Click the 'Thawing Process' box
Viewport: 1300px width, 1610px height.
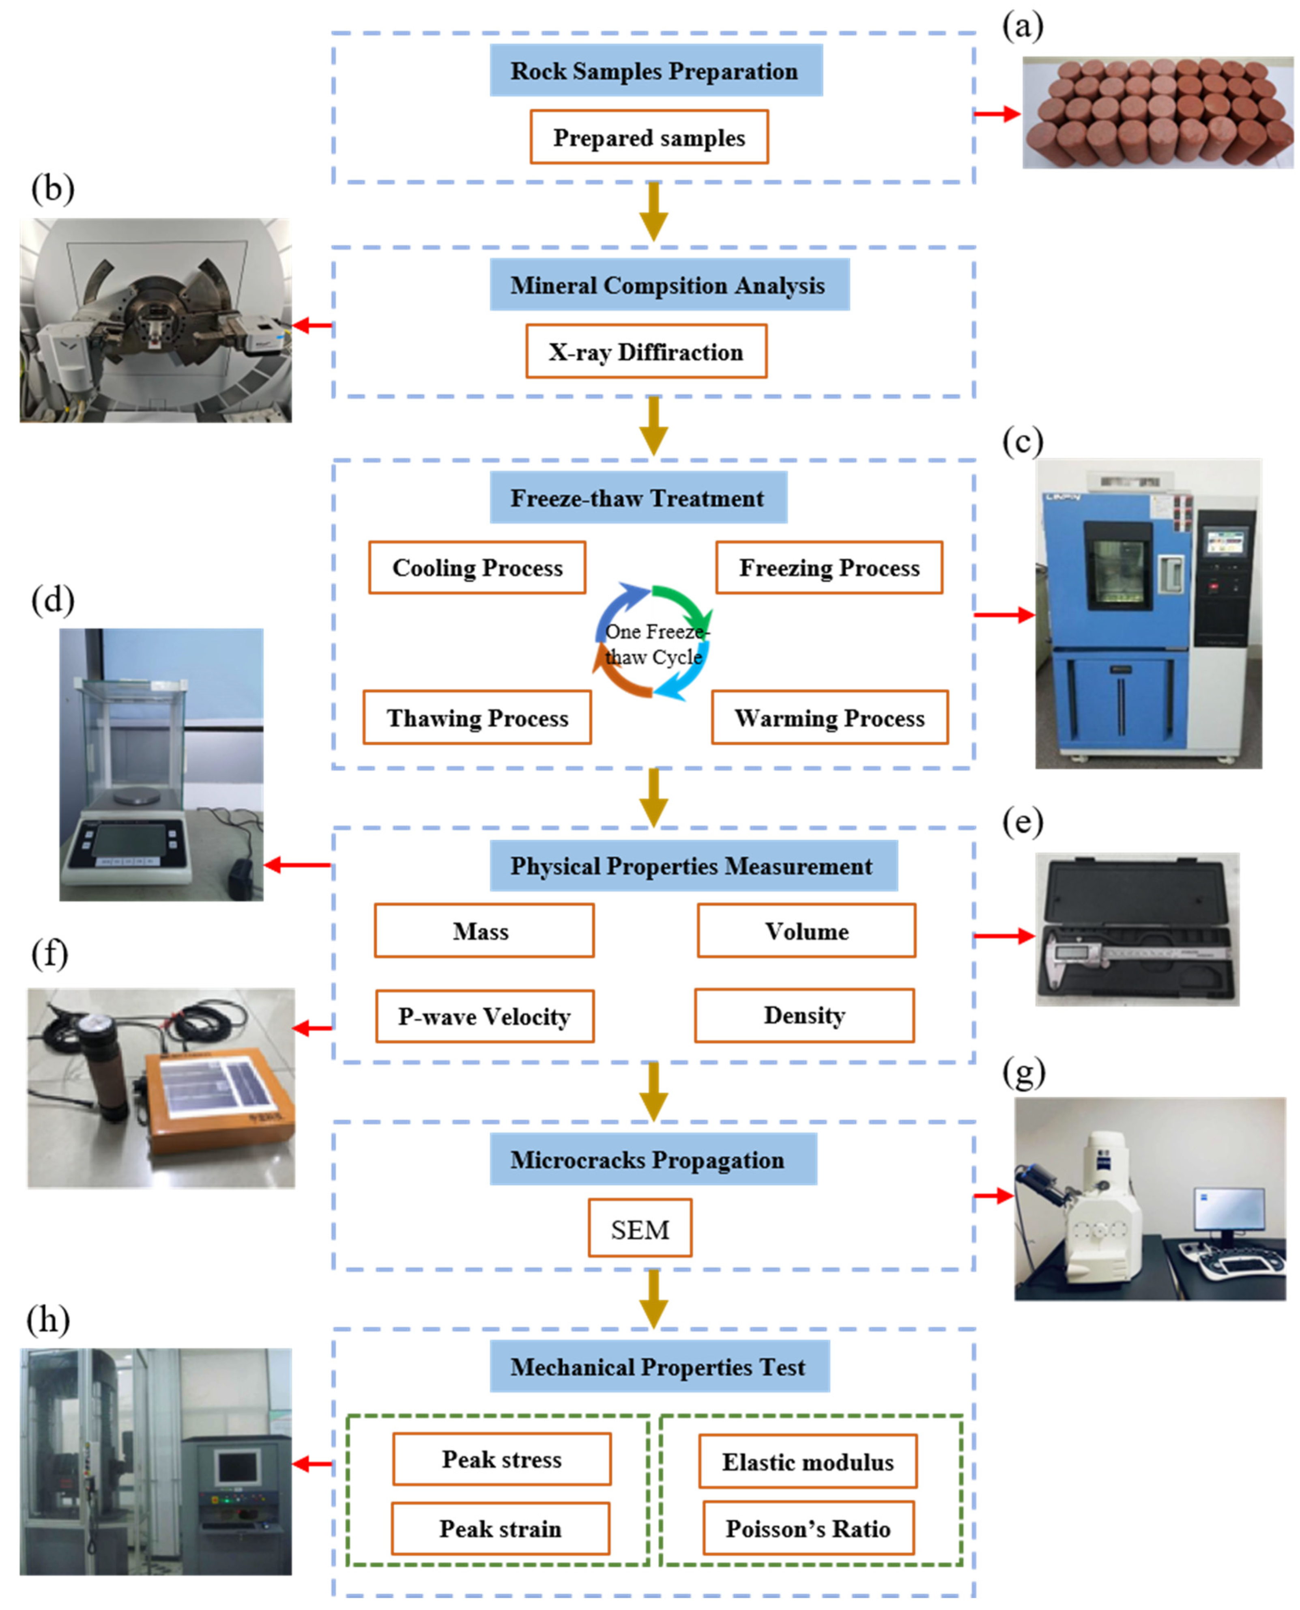pyautogui.click(x=477, y=717)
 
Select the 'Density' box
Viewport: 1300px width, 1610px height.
pyautogui.click(x=804, y=1015)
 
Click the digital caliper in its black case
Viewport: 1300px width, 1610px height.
pyautogui.click(x=1138, y=953)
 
